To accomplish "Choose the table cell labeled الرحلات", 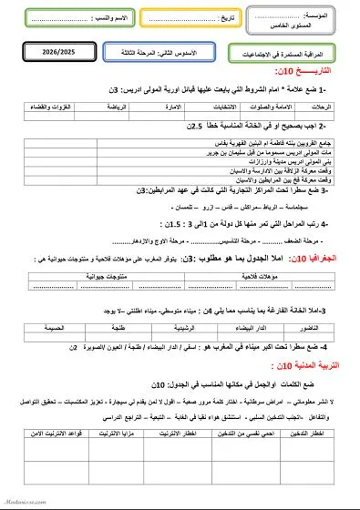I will [322, 105].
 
